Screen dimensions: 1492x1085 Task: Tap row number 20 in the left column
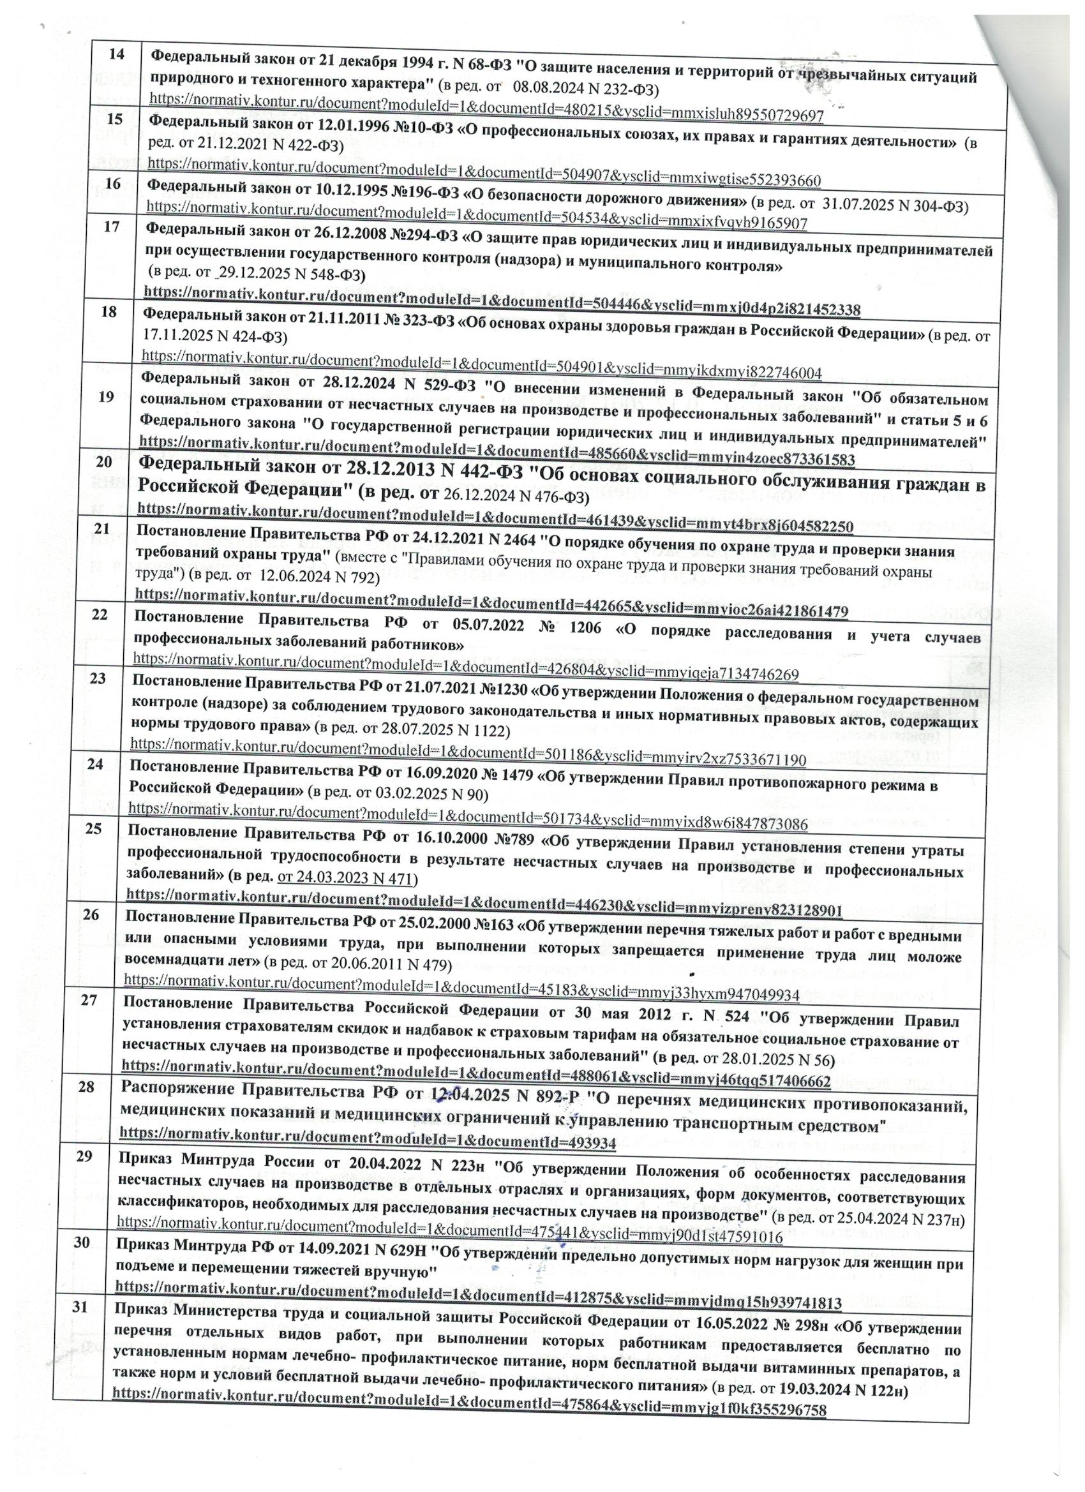[103, 463]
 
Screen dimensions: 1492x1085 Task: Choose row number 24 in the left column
[95, 765]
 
